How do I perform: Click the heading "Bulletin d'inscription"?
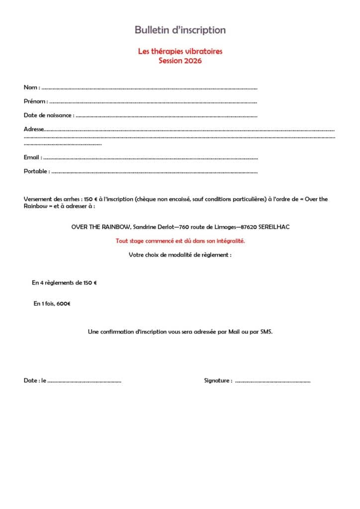point(180,30)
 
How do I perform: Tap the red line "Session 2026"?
point(180,61)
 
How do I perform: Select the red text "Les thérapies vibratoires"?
point(180,52)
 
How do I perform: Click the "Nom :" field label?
point(32,87)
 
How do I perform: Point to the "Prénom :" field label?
point(36,101)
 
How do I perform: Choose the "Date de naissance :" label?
point(49,115)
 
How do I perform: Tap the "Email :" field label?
point(32,158)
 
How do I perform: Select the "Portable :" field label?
point(36,171)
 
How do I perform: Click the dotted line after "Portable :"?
point(154,172)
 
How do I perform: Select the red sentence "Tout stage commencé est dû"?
point(180,241)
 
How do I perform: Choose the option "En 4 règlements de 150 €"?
point(64,283)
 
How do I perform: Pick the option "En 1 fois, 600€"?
point(52,303)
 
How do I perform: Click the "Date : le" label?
point(35,381)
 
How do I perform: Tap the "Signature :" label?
point(218,381)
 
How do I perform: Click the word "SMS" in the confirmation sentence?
point(266,331)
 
